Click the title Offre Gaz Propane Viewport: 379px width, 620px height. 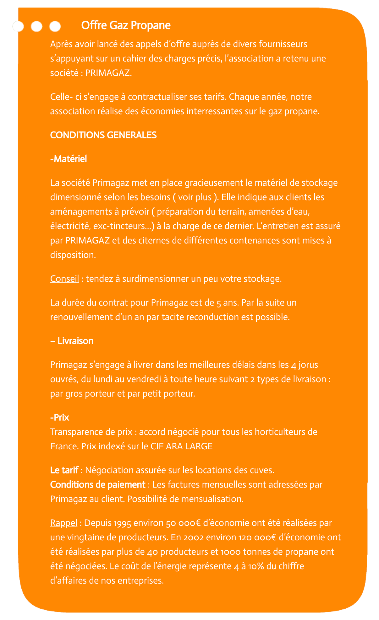click(x=126, y=25)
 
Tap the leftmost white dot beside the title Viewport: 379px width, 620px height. click(x=18, y=27)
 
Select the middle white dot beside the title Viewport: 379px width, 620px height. click(x=37, y=27)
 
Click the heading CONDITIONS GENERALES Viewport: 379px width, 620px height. click(x=103, y=135)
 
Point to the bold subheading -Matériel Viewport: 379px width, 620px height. click(x=69, y=159)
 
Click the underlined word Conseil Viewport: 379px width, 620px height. click(x=64, y=279)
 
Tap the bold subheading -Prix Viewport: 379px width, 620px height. click(x=60, y=418)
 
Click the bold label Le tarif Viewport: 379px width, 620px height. click(x=64, y=470)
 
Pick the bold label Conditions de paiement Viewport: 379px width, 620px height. click(x=98, y=485)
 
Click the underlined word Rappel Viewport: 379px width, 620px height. click(x=64, y=523)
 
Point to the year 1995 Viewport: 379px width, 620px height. click(x=122, y=523)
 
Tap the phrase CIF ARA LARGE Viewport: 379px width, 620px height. click(x=181, y=446)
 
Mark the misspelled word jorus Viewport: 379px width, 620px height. click(x=308, y=365)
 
